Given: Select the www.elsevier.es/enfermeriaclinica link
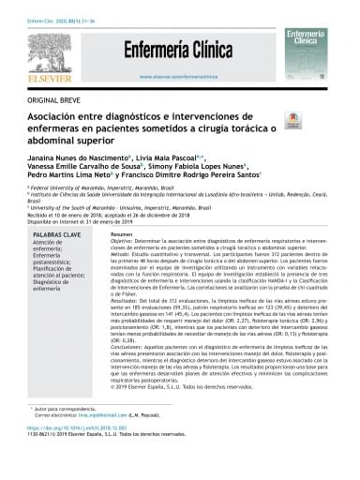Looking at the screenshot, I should tap(179, 77).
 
